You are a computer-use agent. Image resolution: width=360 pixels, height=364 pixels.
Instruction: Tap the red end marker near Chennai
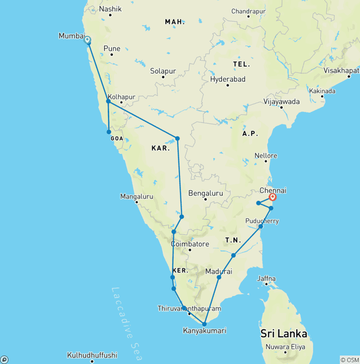click(x=272, y=197)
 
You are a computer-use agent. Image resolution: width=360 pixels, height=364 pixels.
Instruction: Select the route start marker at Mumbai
click(x=87, y=40)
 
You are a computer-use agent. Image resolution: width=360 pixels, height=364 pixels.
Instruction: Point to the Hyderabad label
click(x=227, y=79)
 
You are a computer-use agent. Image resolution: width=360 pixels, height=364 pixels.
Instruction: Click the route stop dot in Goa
click(x=109, y=132)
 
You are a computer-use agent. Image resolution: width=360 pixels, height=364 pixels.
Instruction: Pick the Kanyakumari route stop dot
click(x=204, y=324)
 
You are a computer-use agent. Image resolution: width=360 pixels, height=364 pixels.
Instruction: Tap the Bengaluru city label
click(x=205, y=193)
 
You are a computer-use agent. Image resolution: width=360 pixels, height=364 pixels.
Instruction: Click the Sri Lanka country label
click(x=284, y=334)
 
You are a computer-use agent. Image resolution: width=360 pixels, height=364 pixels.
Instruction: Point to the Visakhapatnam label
click(x=341, y=70)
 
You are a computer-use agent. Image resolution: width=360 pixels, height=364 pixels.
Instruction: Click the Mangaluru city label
click(x=136, y=196)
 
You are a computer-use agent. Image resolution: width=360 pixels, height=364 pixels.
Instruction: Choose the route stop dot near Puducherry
click(x=261, y=227)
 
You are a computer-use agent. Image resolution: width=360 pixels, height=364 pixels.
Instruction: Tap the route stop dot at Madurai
click(x=219, y=277)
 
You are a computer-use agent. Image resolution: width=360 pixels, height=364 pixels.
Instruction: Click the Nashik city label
click(x=110, y=9)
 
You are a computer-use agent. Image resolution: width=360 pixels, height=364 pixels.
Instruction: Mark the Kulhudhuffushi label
click(x=92, y=355)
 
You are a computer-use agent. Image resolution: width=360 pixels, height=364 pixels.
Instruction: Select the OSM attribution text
click(x=349, y=360)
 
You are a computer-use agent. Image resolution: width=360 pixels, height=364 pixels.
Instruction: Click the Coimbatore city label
click(x=190, y=244)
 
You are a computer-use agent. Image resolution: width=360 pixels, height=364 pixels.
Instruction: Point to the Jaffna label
click(x=266, y=278)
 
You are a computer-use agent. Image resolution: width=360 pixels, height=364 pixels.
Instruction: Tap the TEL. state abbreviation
click(x=241, y=64)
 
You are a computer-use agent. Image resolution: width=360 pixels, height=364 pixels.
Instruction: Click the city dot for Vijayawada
click(x=281, y=107)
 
